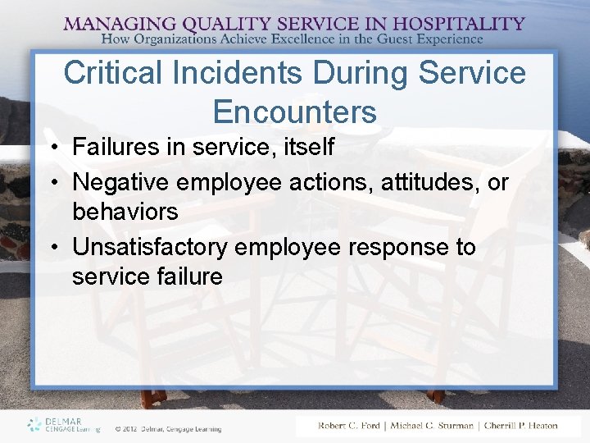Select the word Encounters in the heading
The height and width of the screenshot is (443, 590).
(x=294, y=111)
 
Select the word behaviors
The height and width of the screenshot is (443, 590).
(x=125, y=212)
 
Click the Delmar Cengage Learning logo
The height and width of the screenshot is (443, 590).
(x=63, y=424)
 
